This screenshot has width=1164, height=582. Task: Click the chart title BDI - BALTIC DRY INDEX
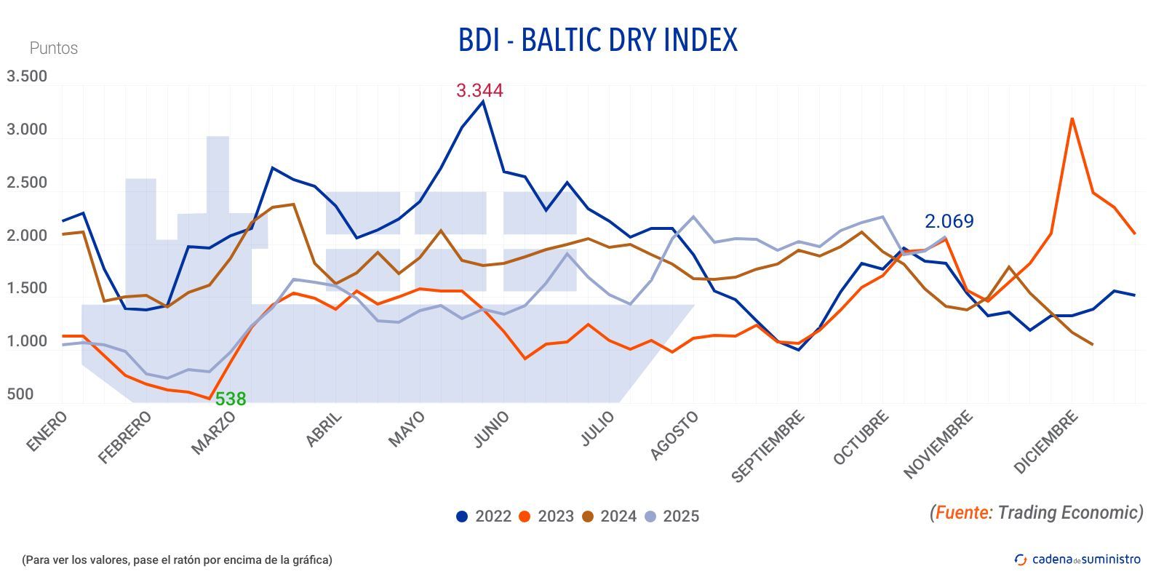tap(597, 40)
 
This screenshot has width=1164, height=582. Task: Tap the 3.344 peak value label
tap(479, 91)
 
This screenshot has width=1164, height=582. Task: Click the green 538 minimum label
tap(230, 399)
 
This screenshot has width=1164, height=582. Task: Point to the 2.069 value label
tap(949, 221)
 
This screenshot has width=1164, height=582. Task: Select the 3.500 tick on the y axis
tap(27, 76)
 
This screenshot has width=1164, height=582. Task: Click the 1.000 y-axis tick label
tap(27, 341)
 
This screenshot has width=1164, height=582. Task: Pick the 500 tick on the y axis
tap(20, 394)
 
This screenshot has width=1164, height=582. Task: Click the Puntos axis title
tap(53, 48)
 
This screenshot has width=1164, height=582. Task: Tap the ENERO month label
tap(47, 431)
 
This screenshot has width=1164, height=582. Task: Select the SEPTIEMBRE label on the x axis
tap(768, 447)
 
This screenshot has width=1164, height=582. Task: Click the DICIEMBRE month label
tap(1045, 442)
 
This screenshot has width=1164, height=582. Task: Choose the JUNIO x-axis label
tap(491, 429)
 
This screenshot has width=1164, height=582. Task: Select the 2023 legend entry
tap(546, 517)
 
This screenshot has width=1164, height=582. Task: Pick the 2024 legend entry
tap(609, 517)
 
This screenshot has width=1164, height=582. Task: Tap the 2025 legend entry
tap(671, 517)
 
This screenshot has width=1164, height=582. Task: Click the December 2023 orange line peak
tap(1072, 119)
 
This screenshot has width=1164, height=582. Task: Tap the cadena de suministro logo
tap(1077, 559)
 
